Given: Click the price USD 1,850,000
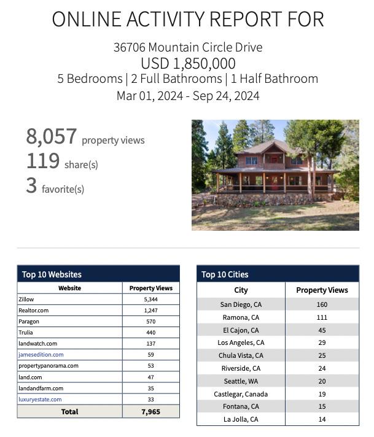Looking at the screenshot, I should click(187, 63).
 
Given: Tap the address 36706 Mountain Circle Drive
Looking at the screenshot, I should click(187, 47).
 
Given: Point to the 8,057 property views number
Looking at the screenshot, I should click(52, 136).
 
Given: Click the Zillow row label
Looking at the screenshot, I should click(26, 300).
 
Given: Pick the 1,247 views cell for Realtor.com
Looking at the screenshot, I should click(150, 311).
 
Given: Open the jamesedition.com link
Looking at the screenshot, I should click(41, 355).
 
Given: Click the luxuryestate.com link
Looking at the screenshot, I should click(40, 400).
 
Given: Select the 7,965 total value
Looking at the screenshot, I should click(150, 412).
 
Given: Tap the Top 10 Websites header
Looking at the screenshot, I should click(52, 274).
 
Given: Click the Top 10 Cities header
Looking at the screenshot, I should click(225, 274).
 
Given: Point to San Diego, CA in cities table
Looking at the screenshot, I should click(241, 304).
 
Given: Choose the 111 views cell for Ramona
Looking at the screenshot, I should click(322, 317).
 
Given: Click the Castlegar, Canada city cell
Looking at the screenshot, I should click(241, 394).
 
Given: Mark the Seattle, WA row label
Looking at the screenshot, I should click(241, 381).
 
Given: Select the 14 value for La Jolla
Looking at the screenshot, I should click(322, 419).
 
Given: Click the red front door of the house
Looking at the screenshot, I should click(275, 182).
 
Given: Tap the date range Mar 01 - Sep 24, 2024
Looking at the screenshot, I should click(187, 96).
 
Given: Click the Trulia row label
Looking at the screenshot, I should click(26, 333).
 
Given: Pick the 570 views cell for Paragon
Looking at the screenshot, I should click(150, 322).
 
